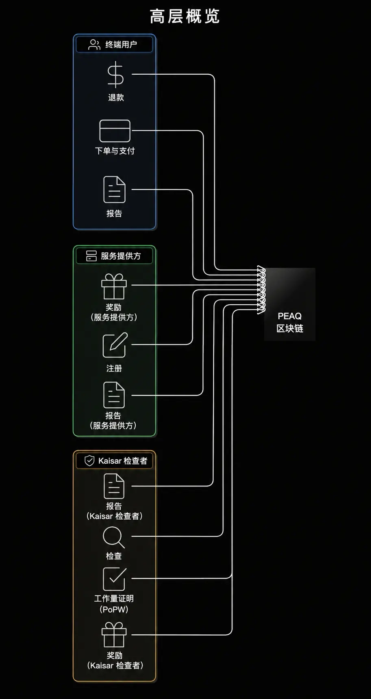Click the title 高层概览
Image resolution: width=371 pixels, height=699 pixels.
pos(185,17)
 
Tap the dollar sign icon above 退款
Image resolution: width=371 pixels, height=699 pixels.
pos(115,75)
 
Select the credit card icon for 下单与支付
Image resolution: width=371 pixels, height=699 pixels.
pos(115,131)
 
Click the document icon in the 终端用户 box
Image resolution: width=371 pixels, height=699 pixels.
pos(114,189)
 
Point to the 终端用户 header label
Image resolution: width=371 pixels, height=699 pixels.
pos(121,45)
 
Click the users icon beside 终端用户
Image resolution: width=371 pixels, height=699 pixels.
pos(94,45)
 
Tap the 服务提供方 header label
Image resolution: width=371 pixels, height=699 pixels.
pos(121,256)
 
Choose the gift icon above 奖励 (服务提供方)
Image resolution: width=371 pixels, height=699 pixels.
pos(114,286)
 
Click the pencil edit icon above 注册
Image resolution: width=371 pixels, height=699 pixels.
pos(115,345)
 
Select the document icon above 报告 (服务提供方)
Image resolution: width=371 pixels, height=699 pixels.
pos(114,395)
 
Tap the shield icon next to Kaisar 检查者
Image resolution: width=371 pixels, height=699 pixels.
pos(89,461)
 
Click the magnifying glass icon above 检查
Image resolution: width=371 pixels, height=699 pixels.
pos(114,537)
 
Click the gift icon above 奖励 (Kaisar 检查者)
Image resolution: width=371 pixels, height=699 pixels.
pos(114,634)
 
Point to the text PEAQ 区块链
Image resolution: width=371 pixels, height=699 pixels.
pos(290,322)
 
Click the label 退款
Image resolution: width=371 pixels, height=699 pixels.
pos(116,97)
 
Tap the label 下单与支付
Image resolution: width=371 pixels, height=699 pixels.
pos(115,151)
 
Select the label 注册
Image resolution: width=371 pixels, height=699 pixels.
pos(114,368)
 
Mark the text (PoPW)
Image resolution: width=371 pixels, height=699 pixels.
pos(114,609)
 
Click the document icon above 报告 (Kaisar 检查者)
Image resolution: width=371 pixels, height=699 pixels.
pos(114,486)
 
